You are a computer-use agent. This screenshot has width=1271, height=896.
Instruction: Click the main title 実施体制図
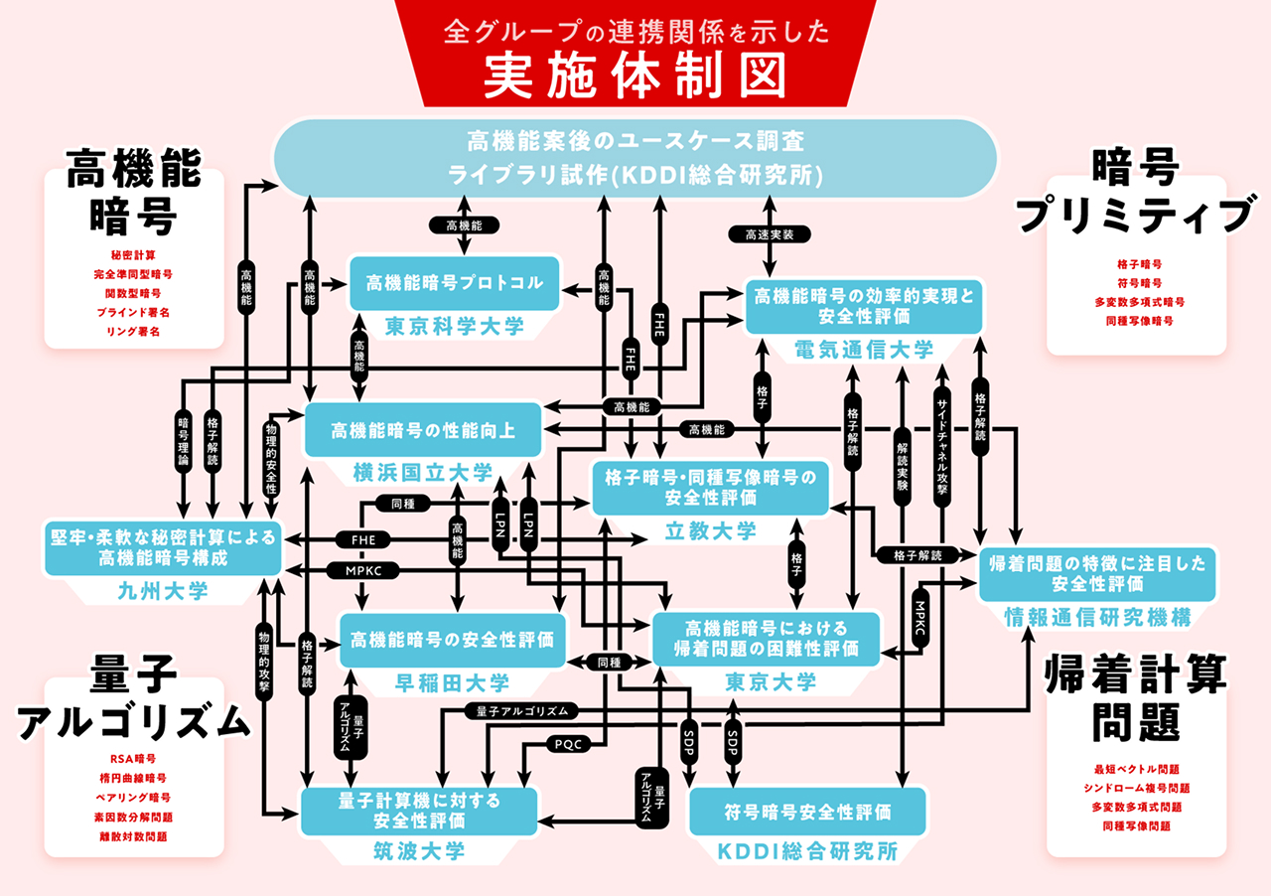[x=635, y=75]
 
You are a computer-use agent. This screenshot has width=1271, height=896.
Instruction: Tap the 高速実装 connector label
[x=770, y=234]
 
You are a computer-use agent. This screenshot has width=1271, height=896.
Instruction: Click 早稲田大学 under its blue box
[x=453, y=682]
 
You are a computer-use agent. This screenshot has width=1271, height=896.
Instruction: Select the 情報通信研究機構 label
[x=1097, y=617]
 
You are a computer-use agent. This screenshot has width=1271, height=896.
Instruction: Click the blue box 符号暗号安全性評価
[x=806, y=812]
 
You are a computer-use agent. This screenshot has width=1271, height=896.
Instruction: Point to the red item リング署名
[x=134, y=330]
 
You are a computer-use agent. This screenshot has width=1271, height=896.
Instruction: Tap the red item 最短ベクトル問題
[x=1136, y=769]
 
